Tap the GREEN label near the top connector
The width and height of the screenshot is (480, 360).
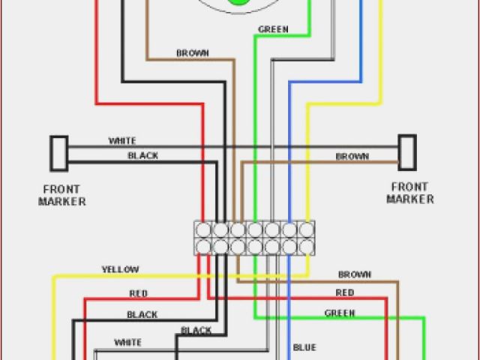coord(273,30)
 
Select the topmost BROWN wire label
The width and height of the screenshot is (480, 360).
coord(193,53)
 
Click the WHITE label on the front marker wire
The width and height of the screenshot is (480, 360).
coord(122,141)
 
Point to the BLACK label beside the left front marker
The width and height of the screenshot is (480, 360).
coord(142,155)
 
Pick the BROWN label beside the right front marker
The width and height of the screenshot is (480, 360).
coord(351,157)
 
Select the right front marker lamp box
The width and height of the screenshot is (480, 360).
coord(406,151)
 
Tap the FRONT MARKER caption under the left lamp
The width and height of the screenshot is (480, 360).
coord(63,196)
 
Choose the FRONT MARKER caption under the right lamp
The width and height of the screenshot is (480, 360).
coord(410,193)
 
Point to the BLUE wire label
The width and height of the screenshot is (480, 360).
coord(304,347)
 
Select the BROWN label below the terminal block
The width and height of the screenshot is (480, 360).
coord(355,275)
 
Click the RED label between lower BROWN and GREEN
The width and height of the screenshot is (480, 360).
coord(345,293)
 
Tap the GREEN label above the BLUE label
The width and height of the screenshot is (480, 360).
coord(339,313)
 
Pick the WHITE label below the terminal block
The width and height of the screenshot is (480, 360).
coord(127,343)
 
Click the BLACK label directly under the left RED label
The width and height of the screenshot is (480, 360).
coord(142,315)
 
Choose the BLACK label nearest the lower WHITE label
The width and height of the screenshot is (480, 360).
coord(196,331)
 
